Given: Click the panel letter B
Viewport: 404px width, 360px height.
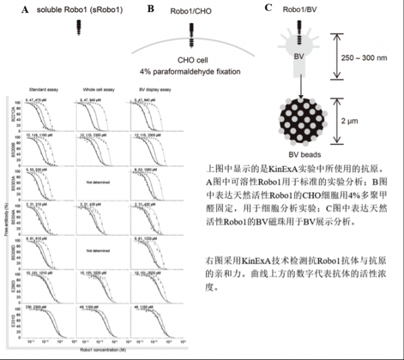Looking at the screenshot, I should click(150, 9).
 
